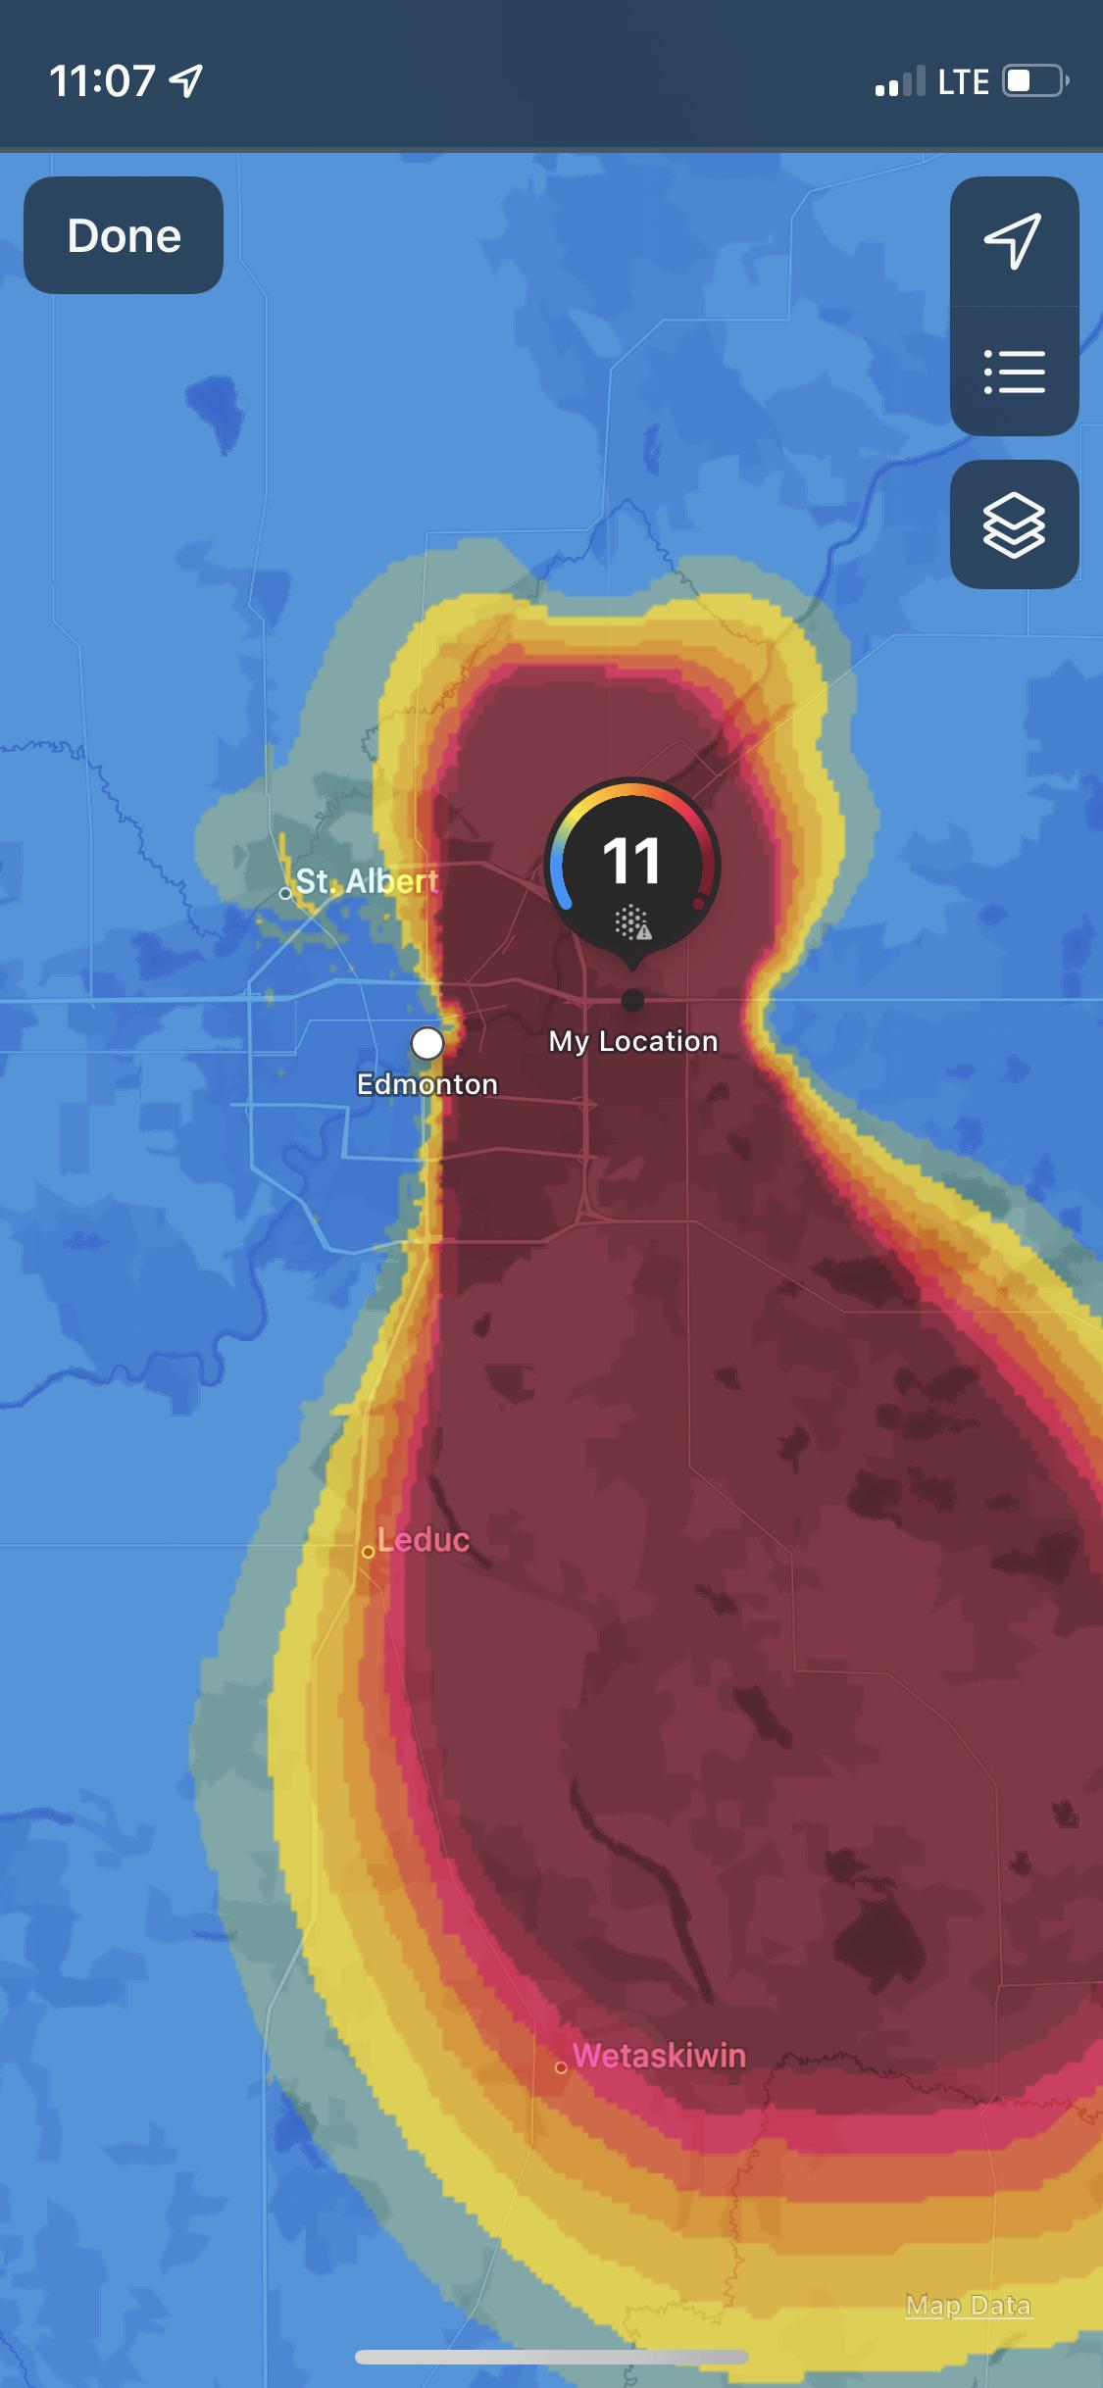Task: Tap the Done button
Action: [x=124, y=235]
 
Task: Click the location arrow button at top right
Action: [x=1013, y=240]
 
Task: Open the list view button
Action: [x=1013, y=372]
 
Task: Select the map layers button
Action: [x=1013, y=524]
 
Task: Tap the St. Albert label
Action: [x=367, y=881]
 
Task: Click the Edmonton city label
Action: [x=426, y=1084]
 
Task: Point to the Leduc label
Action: [x=424, y=1539]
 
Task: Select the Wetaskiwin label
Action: [x=659, y=2055]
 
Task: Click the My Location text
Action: [x=632, y=1041]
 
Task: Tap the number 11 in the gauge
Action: [x=631, y=861]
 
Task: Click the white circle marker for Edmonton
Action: [x=426, y=1043]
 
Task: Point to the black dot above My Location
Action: [x=632, y=1000]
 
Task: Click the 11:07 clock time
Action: [x=102, y=80]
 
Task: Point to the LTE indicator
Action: [x=963, y=81]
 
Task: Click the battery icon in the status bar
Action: [x=1033, y=80]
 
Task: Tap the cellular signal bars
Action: [x=899, y=82]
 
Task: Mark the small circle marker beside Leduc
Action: [x=368, y=1552]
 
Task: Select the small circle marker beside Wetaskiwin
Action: [x=561, y=2067]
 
